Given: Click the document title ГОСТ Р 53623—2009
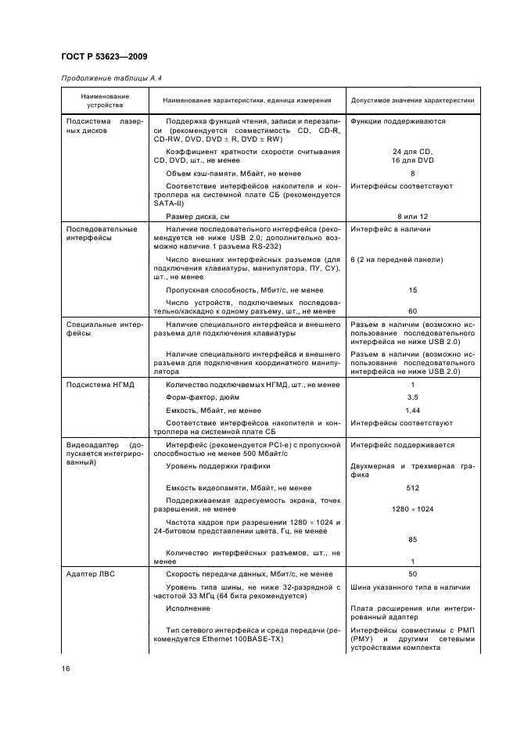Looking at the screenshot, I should click(x=103, y=56).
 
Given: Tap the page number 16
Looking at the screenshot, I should click(x=67, y=668).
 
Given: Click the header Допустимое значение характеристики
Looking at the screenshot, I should click(x=412, y=101).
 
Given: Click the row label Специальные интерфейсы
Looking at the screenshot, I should click(x=102, y=328).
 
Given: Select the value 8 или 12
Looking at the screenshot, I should click(x=412, y=215).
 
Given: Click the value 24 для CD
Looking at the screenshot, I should click(x=412, y=151).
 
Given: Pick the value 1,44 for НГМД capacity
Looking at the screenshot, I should click(x=412, y=410).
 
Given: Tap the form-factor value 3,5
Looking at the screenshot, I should click(x=412, y=397).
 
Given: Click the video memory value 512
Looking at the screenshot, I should click(x=412, y=488).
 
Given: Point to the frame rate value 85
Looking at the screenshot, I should click(x=412, y=539).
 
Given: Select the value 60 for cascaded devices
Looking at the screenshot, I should click(x=412, y=310).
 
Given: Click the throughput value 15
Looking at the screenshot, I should click(x=412, y=290).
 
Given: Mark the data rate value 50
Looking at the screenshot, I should click(x=412, y=573).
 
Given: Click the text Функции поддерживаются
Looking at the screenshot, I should click(x=398, y=121).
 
